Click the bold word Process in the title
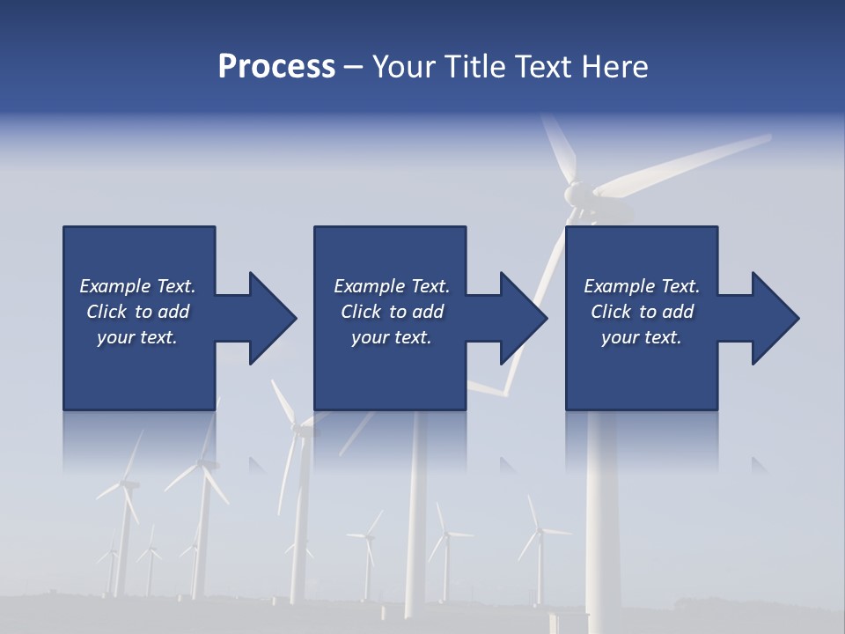(276, 67)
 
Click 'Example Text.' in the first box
(137, 286)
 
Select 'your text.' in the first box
(137, 337)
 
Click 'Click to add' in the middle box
(392, 312)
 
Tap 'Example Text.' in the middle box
(392, 286)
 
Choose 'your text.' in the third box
(642, 337)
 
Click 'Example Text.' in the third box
(642, 286)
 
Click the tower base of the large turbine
(602, 608)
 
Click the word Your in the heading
(401, 67)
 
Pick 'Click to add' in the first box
(137, 312)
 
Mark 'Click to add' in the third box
(642, 312)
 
